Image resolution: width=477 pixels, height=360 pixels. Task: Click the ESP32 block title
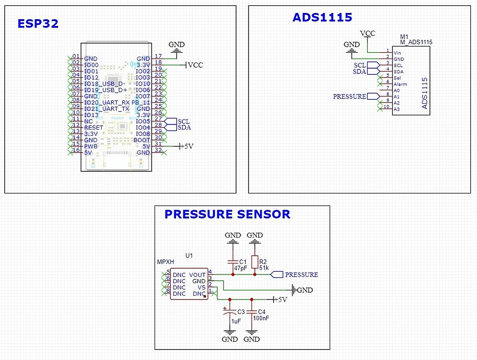38,24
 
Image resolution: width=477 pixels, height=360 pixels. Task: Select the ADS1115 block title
322,18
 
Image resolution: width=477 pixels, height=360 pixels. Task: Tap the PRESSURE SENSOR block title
227,214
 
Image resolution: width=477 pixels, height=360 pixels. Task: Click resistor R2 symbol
254,261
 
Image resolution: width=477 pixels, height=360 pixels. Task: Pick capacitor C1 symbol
233,262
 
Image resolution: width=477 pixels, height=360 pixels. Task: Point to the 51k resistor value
264,267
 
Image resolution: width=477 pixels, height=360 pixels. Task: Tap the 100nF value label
261,318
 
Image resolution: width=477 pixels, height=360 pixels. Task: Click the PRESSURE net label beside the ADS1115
349,96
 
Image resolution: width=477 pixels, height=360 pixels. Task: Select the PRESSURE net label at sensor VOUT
301,275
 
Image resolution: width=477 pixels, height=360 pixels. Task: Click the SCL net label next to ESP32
184,121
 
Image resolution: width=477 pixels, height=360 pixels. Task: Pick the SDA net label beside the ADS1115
360,72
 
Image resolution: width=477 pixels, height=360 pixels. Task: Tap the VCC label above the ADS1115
368,33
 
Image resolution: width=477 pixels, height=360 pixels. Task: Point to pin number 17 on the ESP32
158,56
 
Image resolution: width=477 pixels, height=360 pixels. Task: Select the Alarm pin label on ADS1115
400,84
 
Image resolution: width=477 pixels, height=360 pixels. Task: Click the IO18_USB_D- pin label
104,84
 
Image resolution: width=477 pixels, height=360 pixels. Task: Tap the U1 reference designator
189,256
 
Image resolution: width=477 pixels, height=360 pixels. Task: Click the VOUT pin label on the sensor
197,275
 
